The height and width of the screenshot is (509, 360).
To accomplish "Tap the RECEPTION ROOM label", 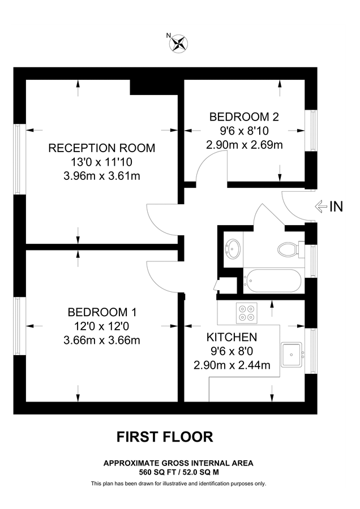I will [102, 148].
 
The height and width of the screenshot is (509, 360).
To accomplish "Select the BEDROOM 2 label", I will [244, 117].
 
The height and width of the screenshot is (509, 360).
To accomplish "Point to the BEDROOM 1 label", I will [102, 312].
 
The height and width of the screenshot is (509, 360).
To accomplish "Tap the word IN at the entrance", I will [336, 207].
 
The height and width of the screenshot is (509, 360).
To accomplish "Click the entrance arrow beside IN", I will [321, 207].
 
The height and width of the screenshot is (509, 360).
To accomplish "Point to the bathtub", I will [273, 280].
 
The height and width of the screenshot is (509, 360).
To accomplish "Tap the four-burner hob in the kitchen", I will [247, 313].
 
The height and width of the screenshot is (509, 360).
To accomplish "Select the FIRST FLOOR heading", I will [165, 437].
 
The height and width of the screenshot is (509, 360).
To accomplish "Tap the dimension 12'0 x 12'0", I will [102, 326].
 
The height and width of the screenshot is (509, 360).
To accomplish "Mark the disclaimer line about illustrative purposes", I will [178, 484].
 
